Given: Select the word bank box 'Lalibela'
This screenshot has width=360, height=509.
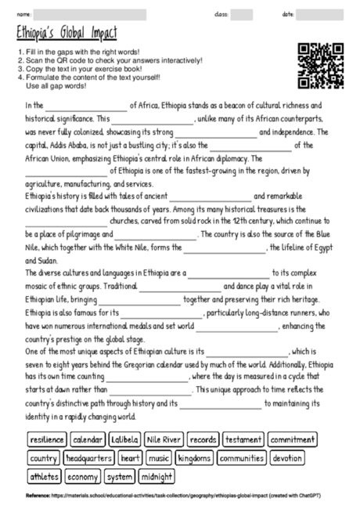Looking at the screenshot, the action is pyautogui.click(x=124, y=439).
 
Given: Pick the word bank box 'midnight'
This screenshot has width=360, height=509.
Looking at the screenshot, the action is pyautogui.click(x=157, y=475).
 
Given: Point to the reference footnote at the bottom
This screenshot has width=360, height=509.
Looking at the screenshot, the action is pyautogui.click(x=179, y=496).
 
